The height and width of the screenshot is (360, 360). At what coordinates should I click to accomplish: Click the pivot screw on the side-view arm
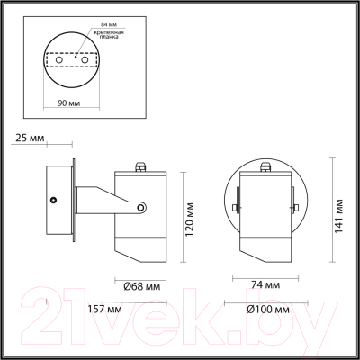point(140,209)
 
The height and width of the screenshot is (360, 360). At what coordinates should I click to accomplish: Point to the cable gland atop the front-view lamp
point(266,166)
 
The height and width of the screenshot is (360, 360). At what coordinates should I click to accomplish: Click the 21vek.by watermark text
point(180,322)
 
